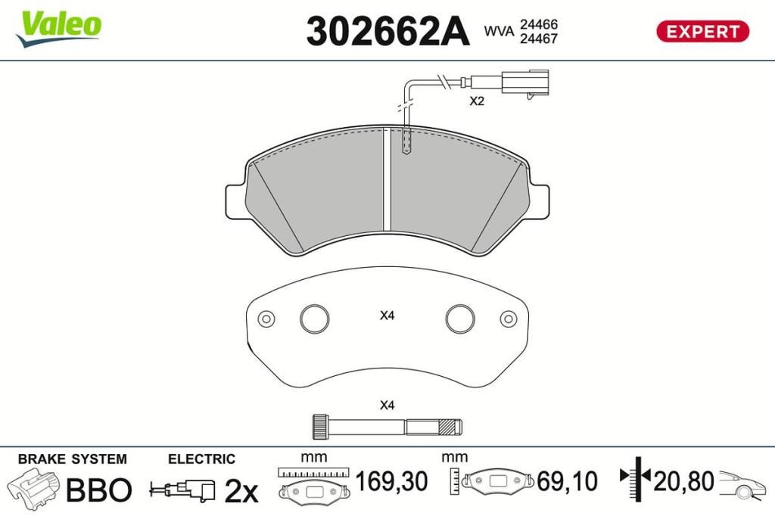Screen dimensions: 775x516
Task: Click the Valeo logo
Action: [58, 29]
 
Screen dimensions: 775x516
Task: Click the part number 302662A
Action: [387, 31]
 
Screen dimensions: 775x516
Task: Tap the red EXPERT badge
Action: [702, 31]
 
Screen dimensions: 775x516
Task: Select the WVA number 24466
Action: [538, 24]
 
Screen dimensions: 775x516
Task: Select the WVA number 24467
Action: [538, 39]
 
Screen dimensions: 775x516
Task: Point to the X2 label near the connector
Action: [477, 101]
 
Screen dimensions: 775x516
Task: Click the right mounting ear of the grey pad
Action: [539, 201]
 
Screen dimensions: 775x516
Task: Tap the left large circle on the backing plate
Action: [314, 319]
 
